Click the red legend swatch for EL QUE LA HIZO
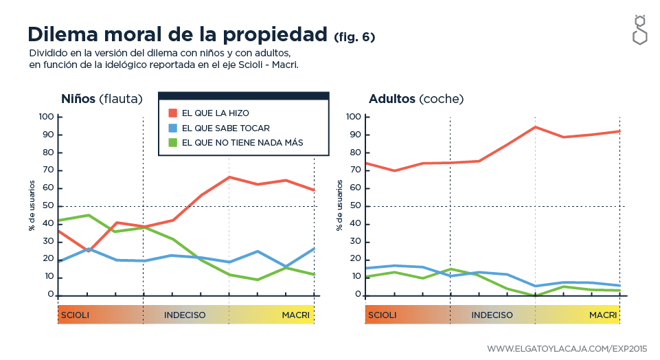pos(173,113)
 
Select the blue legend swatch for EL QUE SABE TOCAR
pos(173,128)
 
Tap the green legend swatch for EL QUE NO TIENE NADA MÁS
pos(173,143)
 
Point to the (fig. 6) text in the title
pos(354,36)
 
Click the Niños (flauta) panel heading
pos(101,99)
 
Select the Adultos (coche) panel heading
pos(416,99)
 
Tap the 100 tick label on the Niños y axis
pos(46,117)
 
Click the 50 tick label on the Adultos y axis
pos(355,206)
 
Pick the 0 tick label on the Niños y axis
pos(51,295)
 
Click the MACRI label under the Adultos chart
pos(603,315)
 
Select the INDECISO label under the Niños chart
pos(185,315)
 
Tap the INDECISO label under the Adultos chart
pos(492,315)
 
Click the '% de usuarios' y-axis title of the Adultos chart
pos(339,205)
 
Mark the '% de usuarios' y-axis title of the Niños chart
pos(32,205)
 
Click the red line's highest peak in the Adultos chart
pos(535,127)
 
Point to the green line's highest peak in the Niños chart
pos(87,215)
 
